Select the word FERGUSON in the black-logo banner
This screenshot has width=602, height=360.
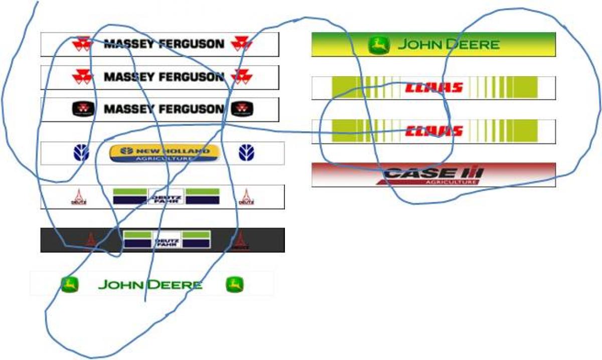tap(191, 109)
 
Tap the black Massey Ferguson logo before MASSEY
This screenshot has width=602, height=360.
tap(82, 109)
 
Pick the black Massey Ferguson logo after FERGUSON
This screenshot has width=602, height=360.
tap(242, 109)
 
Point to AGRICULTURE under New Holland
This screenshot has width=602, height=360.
tap(164, 158)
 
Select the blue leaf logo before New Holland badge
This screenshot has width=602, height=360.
tap(82, 152)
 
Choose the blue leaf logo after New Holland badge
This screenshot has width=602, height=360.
tap(246, 152)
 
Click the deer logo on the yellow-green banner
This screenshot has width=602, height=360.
tap(379, 45)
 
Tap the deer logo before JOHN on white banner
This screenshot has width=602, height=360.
tap(70, 285)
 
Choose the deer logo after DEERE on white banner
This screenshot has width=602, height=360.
tap(234, 285)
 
